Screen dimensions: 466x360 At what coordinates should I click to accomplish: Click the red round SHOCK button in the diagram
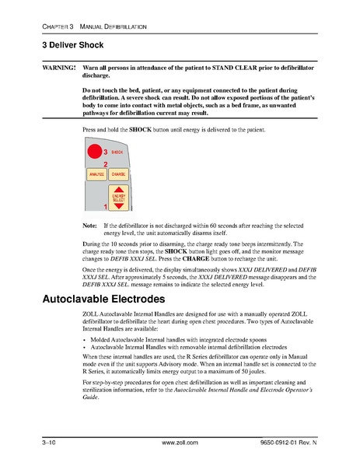point(94,152)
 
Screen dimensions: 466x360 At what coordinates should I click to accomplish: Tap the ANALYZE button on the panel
point(96,175)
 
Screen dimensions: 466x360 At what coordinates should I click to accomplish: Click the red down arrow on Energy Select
point(118,207)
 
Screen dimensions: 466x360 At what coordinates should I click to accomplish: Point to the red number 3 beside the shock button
point(105,152)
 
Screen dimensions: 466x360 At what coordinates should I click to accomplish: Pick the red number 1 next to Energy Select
point(105,207)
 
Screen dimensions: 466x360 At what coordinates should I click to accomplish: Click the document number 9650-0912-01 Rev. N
point(299,443)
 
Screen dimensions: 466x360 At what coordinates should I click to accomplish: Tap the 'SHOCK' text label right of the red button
point(117,152)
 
